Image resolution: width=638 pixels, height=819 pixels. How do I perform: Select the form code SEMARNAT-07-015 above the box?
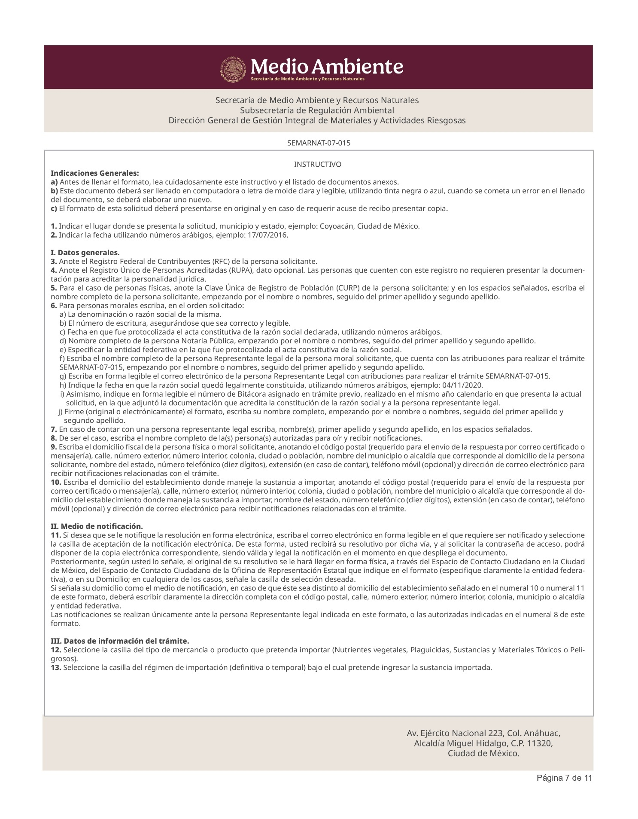319,143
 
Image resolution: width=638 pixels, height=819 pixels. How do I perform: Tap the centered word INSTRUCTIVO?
318,165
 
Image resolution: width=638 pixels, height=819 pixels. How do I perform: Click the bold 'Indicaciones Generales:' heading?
95,173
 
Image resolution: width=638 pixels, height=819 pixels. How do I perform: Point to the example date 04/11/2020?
465,385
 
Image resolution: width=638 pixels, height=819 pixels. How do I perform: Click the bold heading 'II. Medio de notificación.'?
97,526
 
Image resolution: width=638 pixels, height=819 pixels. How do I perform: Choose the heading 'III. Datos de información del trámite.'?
120,641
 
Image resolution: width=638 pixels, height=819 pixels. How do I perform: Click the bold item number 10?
56,482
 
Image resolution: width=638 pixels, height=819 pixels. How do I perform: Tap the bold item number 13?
56,667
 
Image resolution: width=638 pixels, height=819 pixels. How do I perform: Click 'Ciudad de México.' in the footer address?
483,753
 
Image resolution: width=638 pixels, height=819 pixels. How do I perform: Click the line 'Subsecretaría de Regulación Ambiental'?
317,110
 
